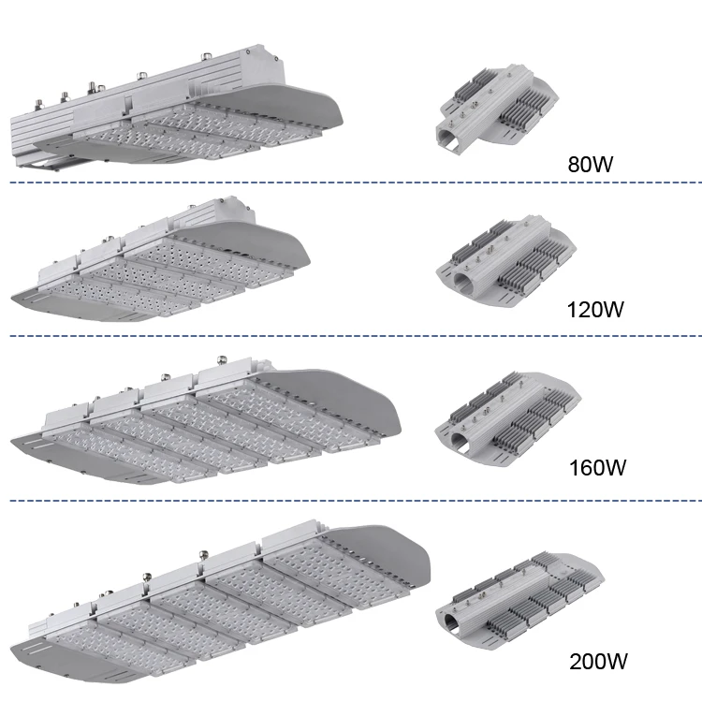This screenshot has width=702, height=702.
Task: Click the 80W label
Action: [590, 164]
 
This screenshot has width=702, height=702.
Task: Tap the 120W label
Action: [595, 310]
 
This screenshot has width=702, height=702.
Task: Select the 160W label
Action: [597, 467]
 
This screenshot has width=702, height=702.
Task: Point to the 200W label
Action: [598, 661]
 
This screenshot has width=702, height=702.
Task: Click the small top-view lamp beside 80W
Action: [497, 109]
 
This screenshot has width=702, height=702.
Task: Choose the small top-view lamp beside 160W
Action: [507, 417]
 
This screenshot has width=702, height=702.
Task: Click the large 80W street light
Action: [176, 108]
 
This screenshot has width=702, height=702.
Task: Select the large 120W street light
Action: [160, 258]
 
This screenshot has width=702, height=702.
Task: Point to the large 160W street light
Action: [206, 420]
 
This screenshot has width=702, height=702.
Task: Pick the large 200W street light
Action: [220, 602]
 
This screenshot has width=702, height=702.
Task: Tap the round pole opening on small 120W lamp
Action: [462, 281]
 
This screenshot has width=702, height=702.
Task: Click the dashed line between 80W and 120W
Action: [356, 183]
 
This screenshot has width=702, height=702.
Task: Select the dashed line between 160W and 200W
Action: [356, 501]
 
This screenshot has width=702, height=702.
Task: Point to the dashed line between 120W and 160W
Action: [356, 336]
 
